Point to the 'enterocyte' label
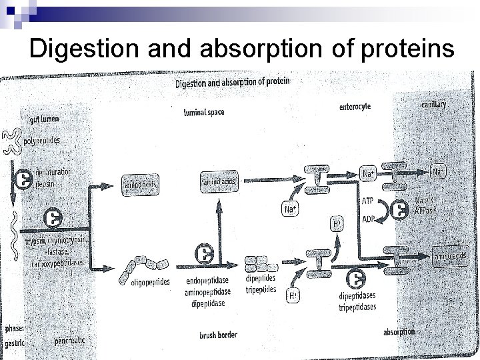355,106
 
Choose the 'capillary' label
433,105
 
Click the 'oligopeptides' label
140,281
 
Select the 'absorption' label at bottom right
399,331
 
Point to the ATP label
367,200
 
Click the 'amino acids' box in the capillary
451,255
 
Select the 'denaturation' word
55,171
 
